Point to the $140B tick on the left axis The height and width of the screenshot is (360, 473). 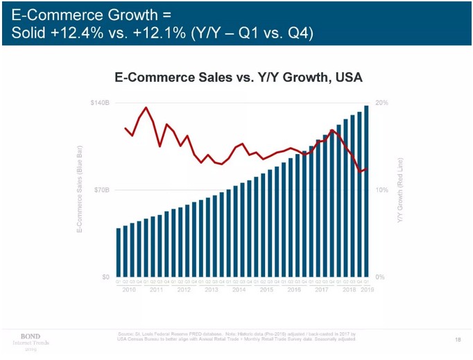tap(100, 103)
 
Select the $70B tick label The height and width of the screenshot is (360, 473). tap(101, 189)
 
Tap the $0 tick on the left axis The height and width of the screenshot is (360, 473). tap(105, 277)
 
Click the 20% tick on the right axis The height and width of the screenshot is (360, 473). tap(381, 103)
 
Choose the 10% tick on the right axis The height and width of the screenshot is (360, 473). tap(381, 189)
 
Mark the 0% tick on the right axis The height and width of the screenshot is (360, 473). tap(379, 277)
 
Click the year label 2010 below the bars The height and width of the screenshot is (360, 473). tap(128, 289)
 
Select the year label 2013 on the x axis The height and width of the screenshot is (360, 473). tap(212, 289)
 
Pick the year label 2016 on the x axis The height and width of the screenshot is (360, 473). tap(294, 289)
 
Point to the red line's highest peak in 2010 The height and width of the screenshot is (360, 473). tap(146, 108)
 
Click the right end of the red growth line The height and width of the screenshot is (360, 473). tap(367, 168)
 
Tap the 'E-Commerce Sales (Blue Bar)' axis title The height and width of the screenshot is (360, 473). tap(80, 189)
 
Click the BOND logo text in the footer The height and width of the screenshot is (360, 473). tap(31, 336)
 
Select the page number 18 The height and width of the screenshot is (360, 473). tap(458, 338)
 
